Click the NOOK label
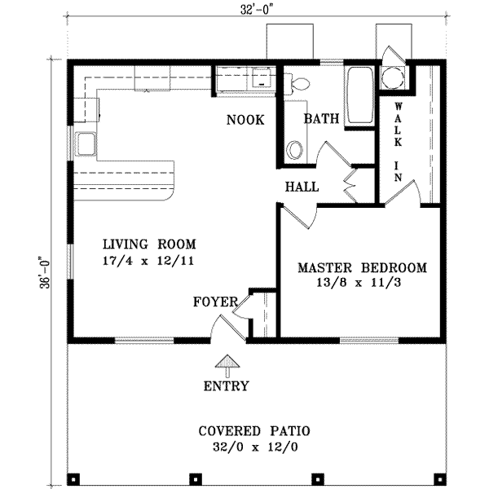(246, 121)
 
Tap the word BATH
(321, 119)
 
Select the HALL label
(302, 187)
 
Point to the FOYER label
(214, 302)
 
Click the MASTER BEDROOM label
(361, 267)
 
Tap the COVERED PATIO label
(245, 430)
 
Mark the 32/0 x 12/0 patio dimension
(245, 447)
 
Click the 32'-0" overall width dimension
(248, 11)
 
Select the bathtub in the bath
(359, 96)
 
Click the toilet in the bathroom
(298, 81)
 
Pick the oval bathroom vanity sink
(295, 150)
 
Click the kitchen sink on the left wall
(86, 144)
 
